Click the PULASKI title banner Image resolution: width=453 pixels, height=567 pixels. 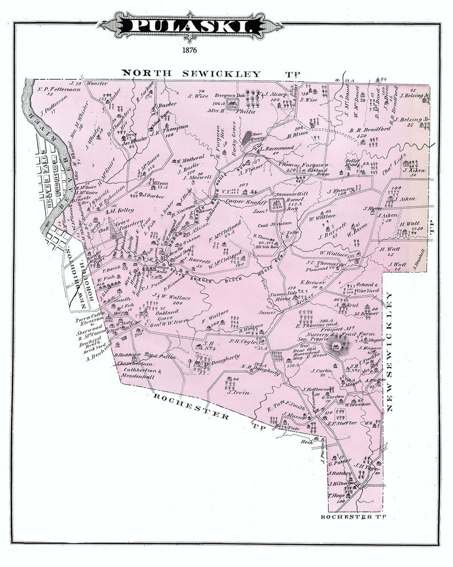pyautogui.click(x=189, y=26)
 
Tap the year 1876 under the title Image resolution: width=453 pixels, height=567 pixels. pyautogui.click(x=190, y=50)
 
